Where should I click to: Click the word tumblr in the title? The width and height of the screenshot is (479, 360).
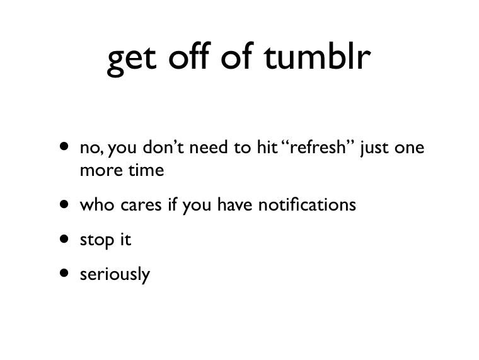[318, 55]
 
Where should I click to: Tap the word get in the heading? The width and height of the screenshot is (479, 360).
[132, 60]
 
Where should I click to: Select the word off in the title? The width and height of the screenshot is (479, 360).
[190, 55]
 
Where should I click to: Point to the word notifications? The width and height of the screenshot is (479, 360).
[307, 204]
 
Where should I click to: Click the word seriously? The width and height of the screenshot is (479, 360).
[115, 274]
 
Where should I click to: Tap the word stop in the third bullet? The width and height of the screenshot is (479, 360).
[97, 240]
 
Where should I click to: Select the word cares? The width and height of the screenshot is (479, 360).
[141, 205]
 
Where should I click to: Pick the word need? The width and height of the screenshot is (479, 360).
[209, 147]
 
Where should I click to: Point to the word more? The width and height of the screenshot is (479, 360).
[101, 171]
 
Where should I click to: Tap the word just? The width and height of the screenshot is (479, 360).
[374, 148]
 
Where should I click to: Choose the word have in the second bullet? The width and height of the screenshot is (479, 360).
[235, 204]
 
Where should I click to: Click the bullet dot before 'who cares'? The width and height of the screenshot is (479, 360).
[64, 204]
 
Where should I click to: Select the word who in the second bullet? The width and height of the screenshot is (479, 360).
[97, 204]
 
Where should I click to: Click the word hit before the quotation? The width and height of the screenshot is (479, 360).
[267, 147]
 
